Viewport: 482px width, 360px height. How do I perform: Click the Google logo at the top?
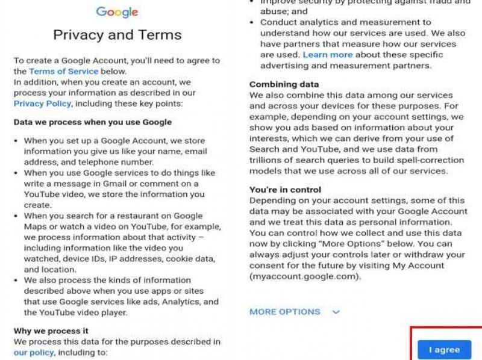(x=117, y=12)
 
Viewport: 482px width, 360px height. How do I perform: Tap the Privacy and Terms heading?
(x=117, y=34)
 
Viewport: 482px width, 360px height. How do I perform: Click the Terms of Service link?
(x=63, y=71)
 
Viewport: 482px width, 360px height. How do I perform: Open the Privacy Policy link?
(x=42, y=103)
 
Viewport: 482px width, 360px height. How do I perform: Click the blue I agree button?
(x=444, y=349)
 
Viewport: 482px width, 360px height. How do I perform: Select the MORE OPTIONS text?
(x=285, y=312)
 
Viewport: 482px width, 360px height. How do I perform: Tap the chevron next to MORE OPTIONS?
(x=336, y=312)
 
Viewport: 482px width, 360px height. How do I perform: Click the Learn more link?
(x=328, y=55)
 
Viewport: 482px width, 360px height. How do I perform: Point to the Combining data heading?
(x=284, y=84)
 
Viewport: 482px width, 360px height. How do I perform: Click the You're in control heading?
(x=285, y=190)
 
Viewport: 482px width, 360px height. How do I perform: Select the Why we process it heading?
(x=51, y=331)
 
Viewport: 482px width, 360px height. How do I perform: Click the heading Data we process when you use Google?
(x=93, y=122)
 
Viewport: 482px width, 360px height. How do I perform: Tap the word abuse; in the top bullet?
(x=274, y=11)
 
